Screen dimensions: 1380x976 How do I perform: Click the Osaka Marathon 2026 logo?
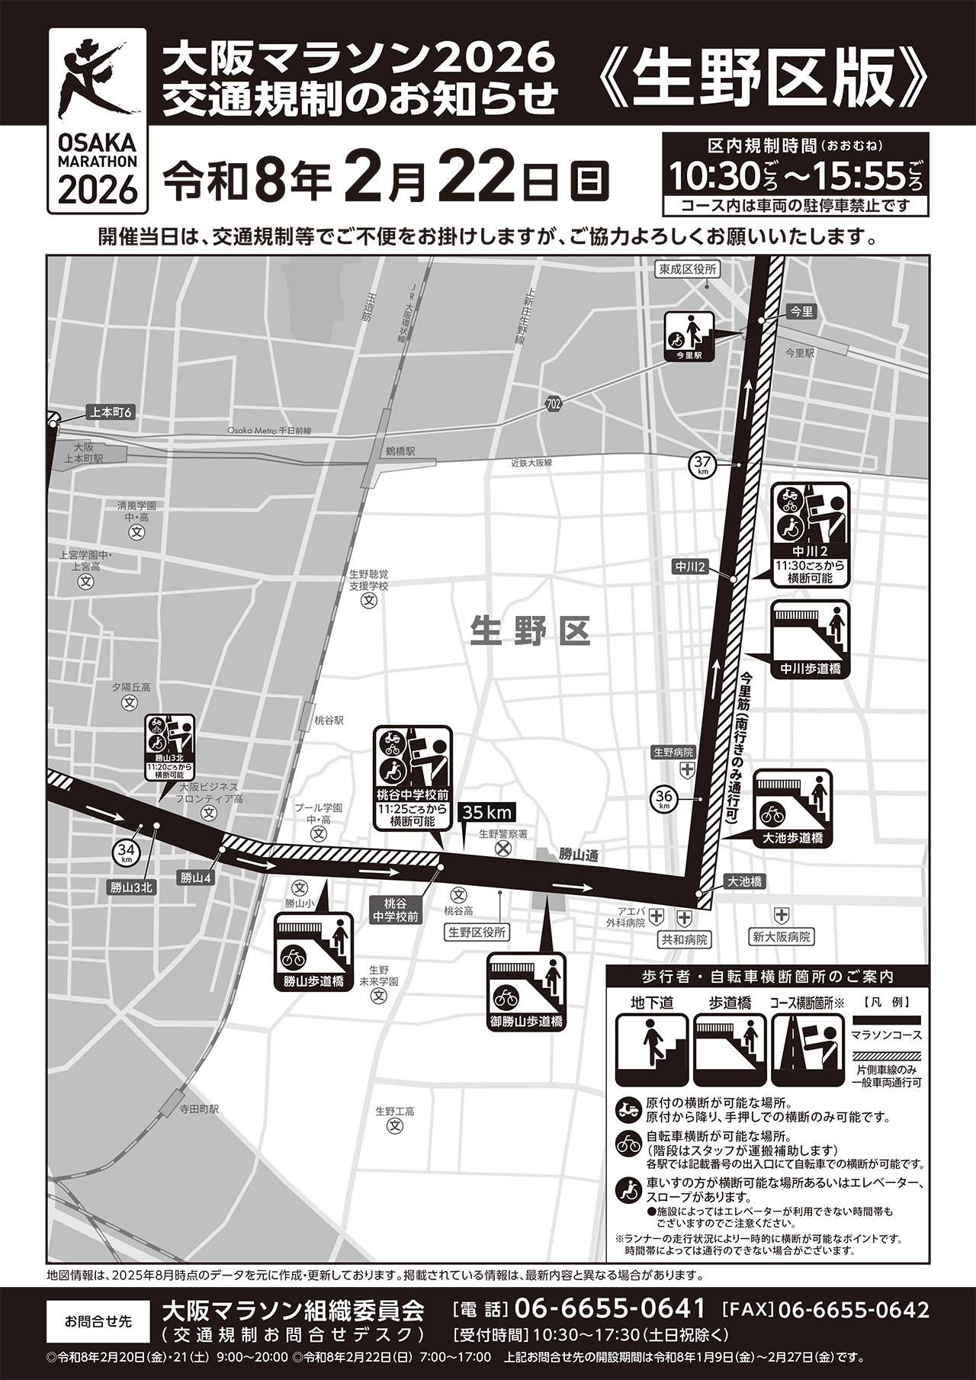click(x=97, y=119)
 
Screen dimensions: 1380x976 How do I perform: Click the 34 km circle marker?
click(x=126, y=852)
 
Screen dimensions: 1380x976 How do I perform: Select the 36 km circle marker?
click(x=663, y=799)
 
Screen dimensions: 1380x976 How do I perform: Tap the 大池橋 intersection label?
click(x=744, y=881)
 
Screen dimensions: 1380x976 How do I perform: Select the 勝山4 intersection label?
click(x=195, y=878)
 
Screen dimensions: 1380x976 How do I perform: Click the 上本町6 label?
click(x=111, y=412)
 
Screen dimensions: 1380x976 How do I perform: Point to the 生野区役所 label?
click(x=477, y=932)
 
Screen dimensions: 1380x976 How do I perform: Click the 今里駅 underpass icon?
click(x=689, y=336)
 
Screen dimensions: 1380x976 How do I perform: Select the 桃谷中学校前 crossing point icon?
click(x=412, y=778)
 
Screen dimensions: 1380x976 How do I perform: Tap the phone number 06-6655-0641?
click(x=610, y=1309)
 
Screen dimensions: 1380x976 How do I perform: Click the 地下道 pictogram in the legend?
click(x=651, y=1050)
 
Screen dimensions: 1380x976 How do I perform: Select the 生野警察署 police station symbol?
click(x=503, y=848)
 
